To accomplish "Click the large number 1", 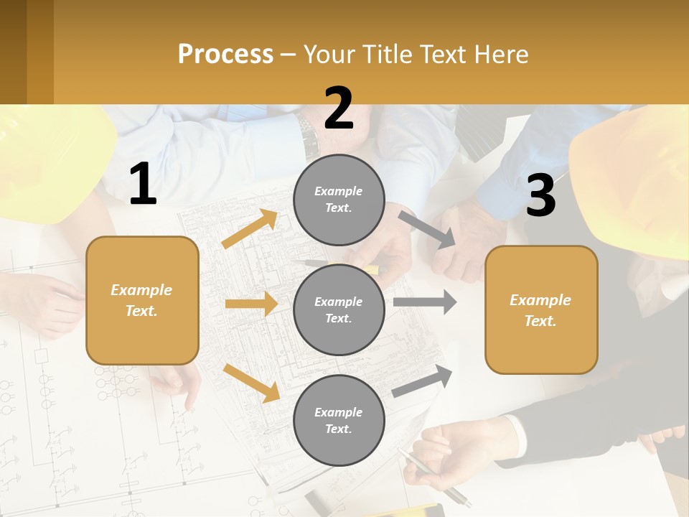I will (x=142, y=185).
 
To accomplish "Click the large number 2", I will (x=339, y=108).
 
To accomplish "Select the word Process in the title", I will (x=225, y=54).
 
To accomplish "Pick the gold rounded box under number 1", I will (x=142, y=300).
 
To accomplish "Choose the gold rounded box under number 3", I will (x=541, y=309).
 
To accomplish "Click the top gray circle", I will (x=339, y=199).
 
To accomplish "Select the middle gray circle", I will (x=339, y=309).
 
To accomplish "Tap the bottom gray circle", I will (x=339, y=420).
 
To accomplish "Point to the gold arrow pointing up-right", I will (x=250, y=229).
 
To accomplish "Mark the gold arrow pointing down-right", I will (x=251, y=383).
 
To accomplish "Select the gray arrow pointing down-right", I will (x=428, y=230).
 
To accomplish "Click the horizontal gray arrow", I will (x=425, y=302).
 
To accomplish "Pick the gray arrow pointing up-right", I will (x=422, y=381).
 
